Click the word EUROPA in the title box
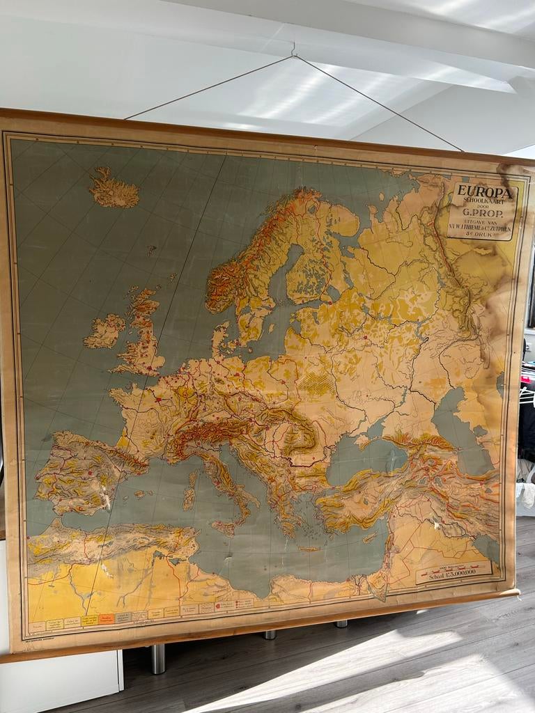484,192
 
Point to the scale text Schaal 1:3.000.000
453,574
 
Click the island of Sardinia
189,495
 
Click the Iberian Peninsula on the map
84,473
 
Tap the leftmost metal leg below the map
158,658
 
